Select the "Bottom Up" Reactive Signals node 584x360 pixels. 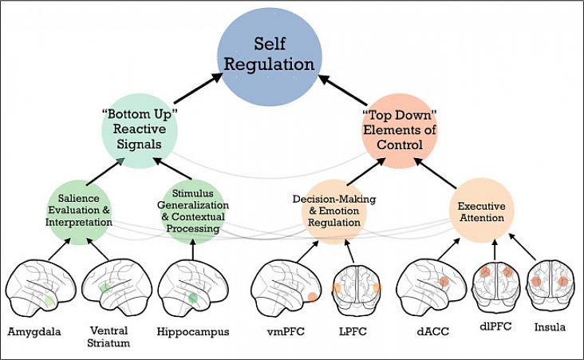[x=139, y=130]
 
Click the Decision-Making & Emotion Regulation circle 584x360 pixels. [x=334, y=212]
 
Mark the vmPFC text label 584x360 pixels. [x=283, y=330]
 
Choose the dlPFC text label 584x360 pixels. [x=496, y=326]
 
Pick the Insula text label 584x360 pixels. [x=550, y=326]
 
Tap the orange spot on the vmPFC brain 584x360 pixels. [x=312, y=297]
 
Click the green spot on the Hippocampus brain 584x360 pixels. [x=192, y=298]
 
